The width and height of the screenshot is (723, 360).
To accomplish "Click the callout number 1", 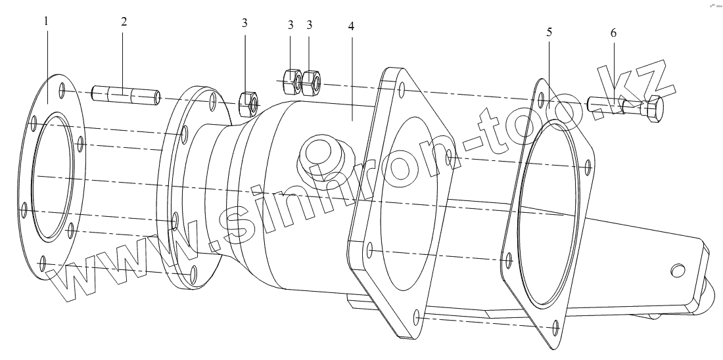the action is point(46,21).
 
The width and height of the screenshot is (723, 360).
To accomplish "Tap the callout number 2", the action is point(124,21).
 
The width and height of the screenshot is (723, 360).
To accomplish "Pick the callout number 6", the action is point(614,32).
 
